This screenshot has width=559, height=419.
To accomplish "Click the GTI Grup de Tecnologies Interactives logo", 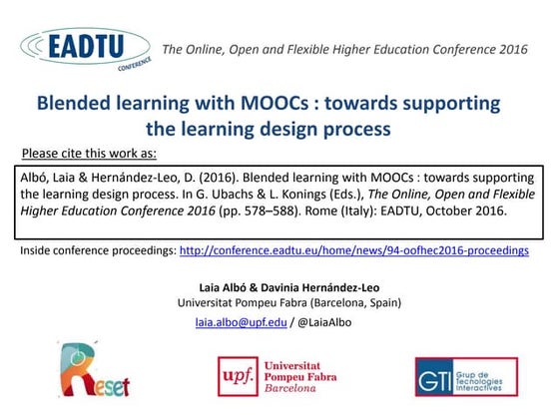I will [x=465, y=377].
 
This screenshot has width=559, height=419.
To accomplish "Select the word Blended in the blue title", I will [x=75, y=104].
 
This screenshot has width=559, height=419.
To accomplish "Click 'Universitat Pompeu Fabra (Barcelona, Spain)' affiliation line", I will [x=279, y=302].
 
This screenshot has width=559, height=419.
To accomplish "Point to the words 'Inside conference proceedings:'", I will [x=98, y=250].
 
